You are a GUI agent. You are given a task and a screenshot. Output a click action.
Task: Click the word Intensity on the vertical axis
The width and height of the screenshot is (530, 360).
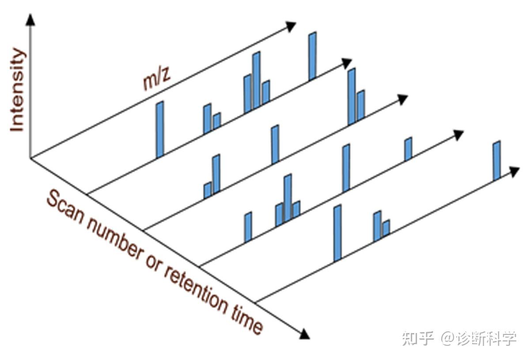(18, 91)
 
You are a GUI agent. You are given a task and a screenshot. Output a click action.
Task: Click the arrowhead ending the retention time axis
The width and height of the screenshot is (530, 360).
(304, 334)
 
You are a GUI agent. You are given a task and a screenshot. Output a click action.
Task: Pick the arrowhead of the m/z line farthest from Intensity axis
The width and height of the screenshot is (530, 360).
(514, 171)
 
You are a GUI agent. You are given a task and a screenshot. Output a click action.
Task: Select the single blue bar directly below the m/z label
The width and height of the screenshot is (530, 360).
(160, 129)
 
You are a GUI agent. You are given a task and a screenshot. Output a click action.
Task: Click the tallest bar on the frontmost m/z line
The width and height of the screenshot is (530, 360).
(337, 233)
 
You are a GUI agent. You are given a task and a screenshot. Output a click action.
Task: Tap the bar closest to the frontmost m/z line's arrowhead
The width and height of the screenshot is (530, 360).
(497, 161)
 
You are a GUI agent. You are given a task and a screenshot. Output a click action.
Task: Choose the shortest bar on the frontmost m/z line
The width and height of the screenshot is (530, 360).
(386, 227)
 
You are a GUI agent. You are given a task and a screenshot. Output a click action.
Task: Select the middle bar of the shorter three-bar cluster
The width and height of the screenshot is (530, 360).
(288, 197)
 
